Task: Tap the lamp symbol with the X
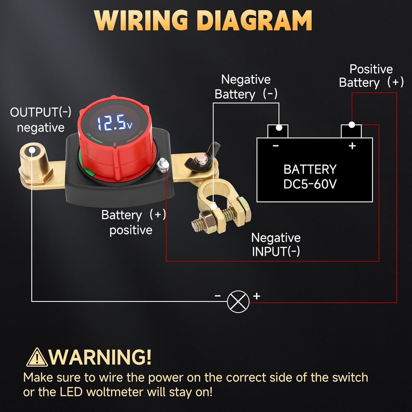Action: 238,302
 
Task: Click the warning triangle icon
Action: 36,357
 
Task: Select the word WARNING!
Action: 100,357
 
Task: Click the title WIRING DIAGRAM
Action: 203,21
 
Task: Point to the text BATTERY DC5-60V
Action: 310,177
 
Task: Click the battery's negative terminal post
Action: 278,131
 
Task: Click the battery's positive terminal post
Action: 351,131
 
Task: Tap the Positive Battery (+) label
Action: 371,76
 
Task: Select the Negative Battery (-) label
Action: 246,87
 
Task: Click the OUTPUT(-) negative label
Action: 40,120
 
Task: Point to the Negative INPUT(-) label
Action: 276,245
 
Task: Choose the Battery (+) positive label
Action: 133,222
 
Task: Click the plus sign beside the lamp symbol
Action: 257,296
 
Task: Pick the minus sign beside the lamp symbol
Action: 218,296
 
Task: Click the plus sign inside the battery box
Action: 352,146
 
